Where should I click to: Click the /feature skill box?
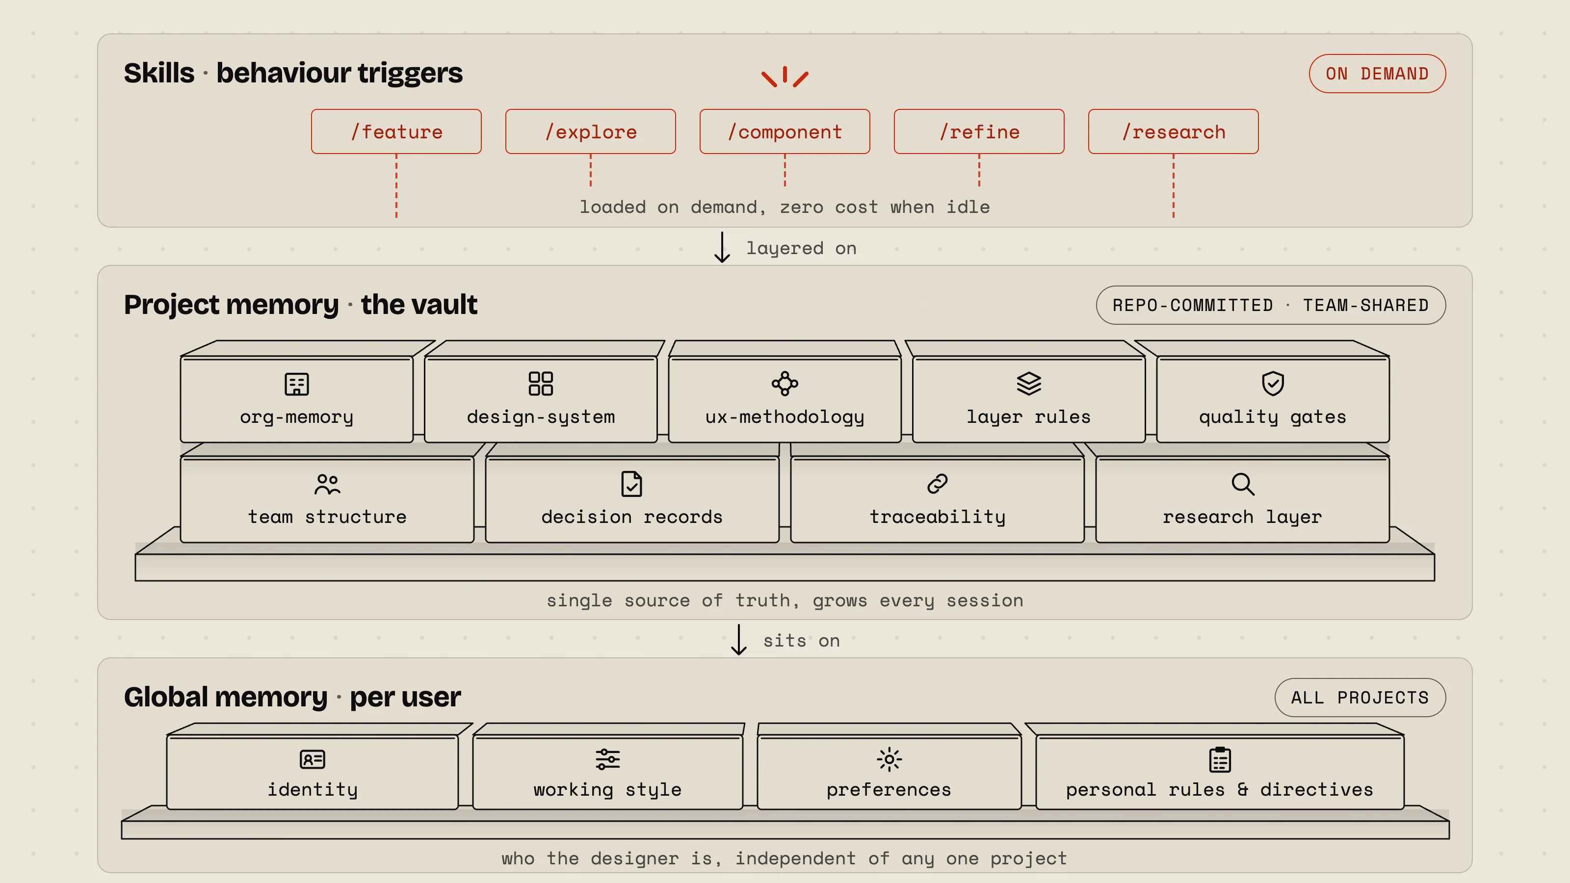tap(396, 131)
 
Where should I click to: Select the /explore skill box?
tap(591, 131)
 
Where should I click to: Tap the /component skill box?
tap(785, 131)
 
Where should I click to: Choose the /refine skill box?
tap(979, 131)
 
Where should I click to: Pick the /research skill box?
tap(1173, 131)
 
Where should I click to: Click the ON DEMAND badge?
tap(1377, 74)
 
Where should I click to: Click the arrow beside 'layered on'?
tap(722, 247)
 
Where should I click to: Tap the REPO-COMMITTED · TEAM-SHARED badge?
tap(1271, 305)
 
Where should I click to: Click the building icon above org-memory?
tap(297, 384)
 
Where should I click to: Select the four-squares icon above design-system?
tap(541, 384)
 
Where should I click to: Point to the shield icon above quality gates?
tap(1273, 384)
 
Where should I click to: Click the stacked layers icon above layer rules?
tap(1029, 384)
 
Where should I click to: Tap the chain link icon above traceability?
tap(938, 484)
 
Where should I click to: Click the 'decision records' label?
tap(632, 517)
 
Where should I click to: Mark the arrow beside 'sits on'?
tap(739, 639)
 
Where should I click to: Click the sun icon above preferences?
tap(889, 759)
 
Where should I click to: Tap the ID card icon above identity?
tap(313, 759)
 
